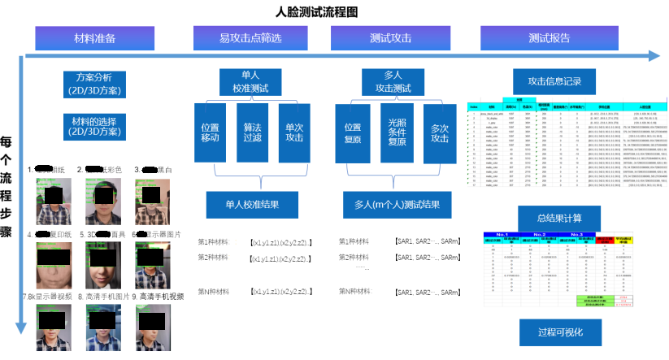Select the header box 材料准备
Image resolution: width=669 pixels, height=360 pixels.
(94, 38)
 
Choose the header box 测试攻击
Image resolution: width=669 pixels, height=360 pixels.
(390, 38)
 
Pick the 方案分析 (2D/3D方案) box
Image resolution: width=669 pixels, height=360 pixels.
(95, 83)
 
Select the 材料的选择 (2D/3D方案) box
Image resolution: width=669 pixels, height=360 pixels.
(95, 126)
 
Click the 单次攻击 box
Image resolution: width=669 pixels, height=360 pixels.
(293, 132)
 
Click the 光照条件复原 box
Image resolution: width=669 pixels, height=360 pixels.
(396, 132)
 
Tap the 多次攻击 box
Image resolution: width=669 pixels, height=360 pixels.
(439, 133)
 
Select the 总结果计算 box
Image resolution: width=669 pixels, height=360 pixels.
(559, 218)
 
